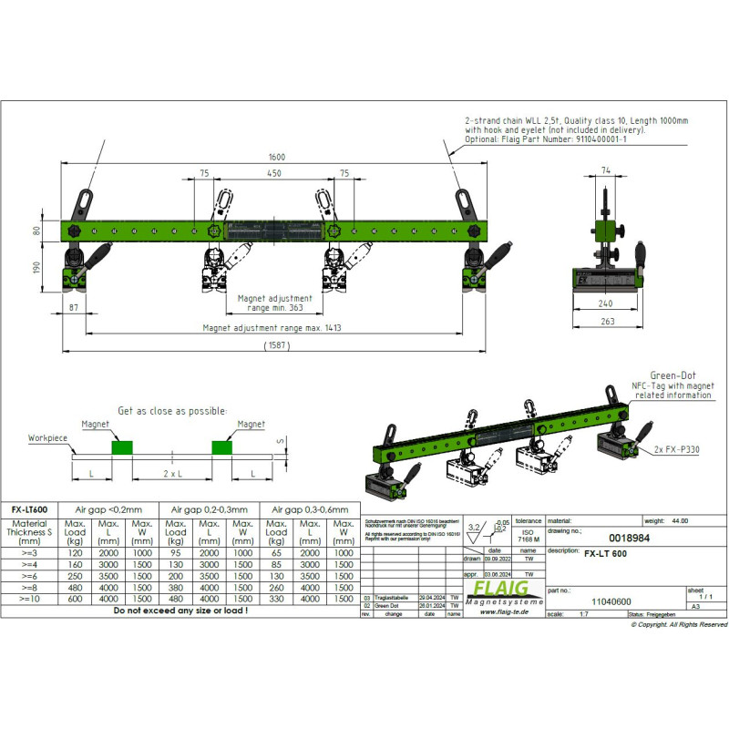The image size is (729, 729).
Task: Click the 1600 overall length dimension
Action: click(x=277, y=158)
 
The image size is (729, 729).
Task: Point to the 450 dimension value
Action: click(x=272, y=171)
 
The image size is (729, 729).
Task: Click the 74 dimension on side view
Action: click(x=606, y=171)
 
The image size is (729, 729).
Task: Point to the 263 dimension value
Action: click(x=607, y=321)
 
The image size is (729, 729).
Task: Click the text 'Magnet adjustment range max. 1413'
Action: click(x=272, y=328)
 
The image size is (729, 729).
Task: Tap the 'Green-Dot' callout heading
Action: click(x=674, y=375)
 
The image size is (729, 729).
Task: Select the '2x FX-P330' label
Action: click(x=677, y=450)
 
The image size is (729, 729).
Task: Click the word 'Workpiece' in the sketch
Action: click(x=48, y=438)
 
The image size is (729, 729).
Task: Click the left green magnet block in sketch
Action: click(x=121, y=447)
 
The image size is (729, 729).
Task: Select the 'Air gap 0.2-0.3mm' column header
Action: click(x=209, y=509)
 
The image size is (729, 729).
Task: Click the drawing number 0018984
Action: click(x=601, y=539)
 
